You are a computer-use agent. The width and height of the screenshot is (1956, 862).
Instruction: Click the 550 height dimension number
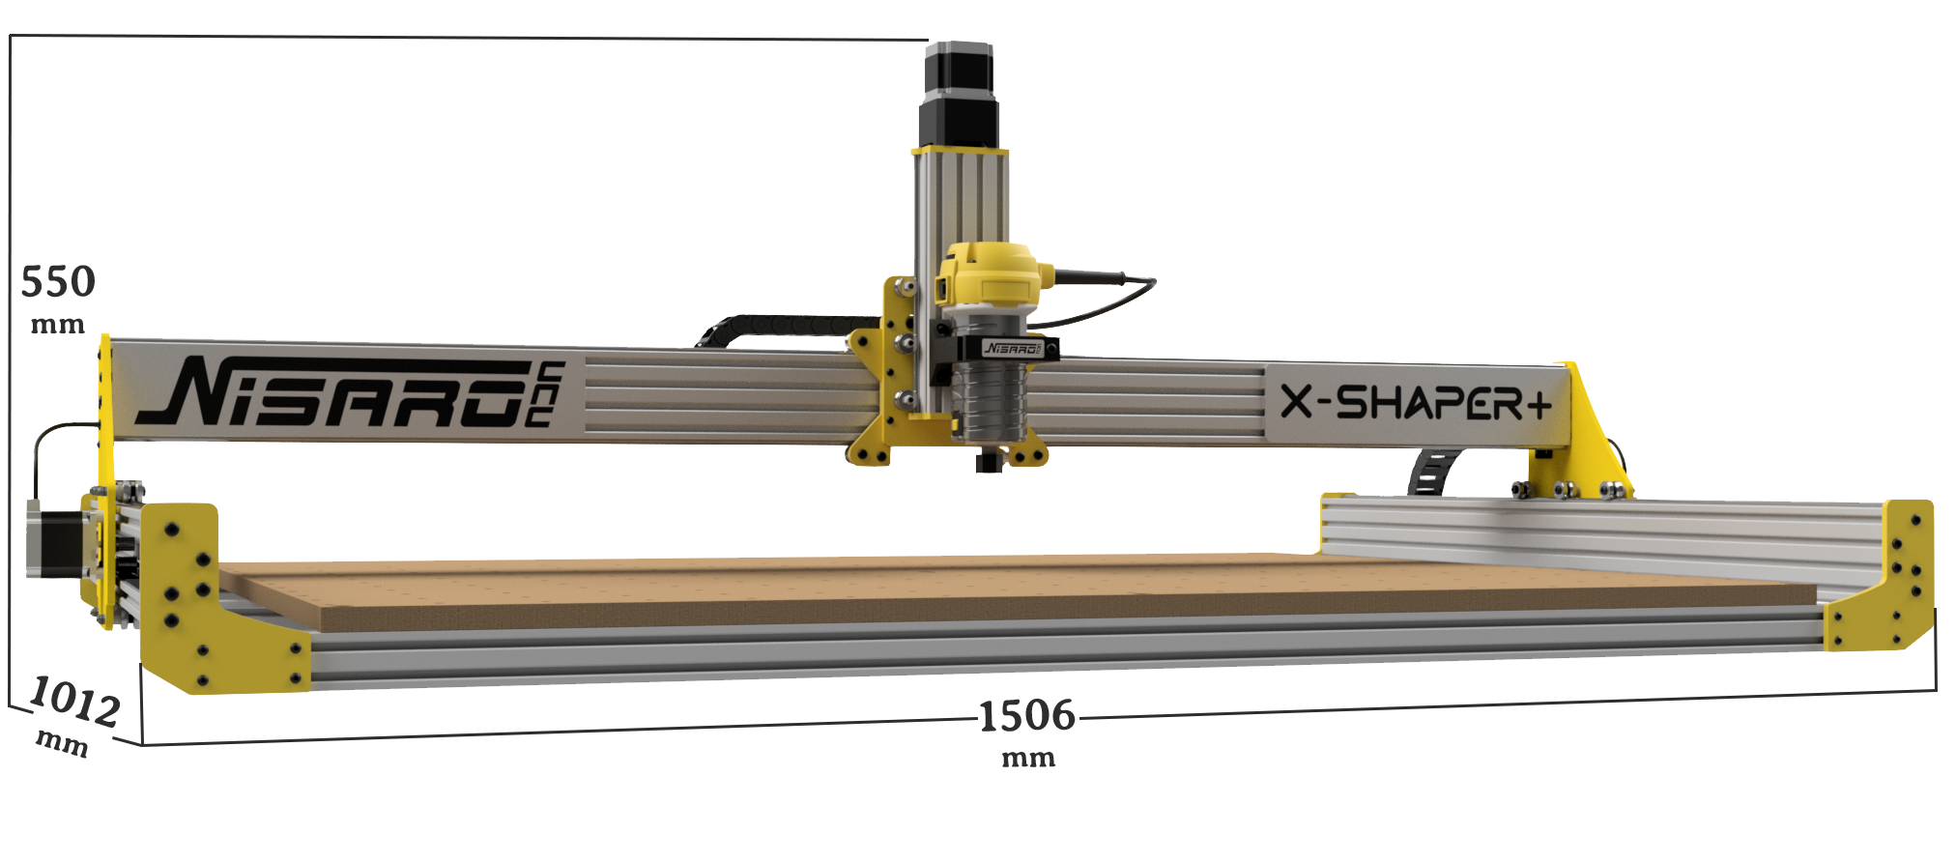point(58,282)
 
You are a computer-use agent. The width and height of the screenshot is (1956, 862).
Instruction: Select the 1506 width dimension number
point(1026,716)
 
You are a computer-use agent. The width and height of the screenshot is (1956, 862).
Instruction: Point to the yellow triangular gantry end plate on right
point(1585,425)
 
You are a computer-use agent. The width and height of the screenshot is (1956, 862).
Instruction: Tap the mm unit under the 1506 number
point(1027,757)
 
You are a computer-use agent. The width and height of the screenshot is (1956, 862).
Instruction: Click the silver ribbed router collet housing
point(988,401)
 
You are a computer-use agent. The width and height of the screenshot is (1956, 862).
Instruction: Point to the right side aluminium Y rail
point(1595,536)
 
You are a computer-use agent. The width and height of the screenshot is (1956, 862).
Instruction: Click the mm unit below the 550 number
point(58,323)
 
